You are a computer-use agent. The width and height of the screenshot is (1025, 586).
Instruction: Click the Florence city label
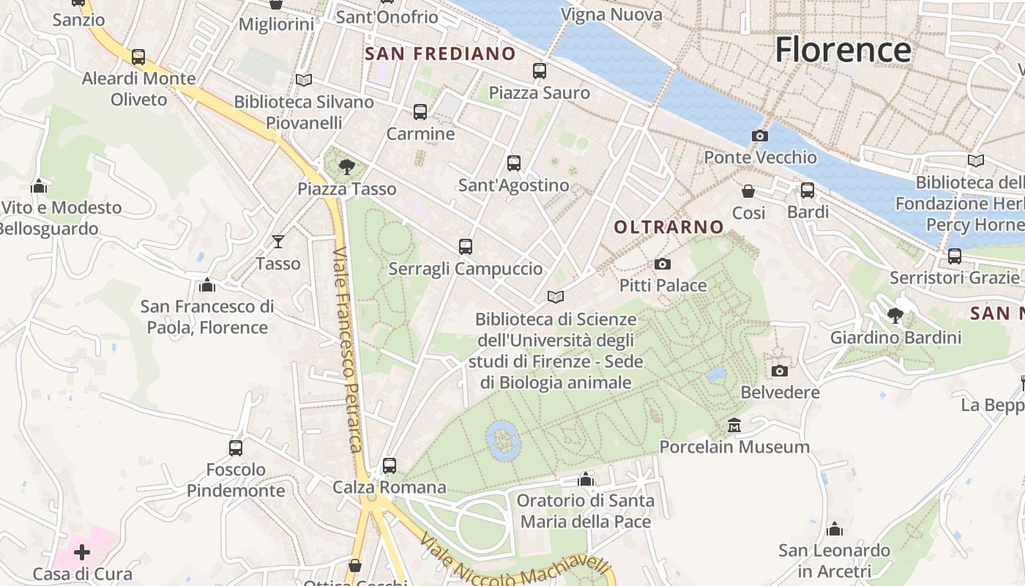843,50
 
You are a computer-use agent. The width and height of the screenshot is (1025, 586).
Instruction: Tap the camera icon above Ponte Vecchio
760,136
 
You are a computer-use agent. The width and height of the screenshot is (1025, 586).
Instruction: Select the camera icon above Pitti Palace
663,264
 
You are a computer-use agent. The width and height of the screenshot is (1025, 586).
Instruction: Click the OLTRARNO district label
669,227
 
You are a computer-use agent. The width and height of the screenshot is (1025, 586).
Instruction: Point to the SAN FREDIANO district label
440,53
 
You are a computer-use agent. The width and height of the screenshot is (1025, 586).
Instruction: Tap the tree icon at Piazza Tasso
347,167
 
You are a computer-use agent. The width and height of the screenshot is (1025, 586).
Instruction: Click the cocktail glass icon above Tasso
278,241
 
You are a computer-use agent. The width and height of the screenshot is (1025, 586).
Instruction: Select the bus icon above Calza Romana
389,465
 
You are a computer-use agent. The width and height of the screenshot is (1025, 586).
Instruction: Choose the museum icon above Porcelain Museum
734,425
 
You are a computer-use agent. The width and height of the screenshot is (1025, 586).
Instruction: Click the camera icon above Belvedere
780,371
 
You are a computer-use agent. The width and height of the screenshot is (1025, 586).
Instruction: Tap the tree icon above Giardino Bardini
895,316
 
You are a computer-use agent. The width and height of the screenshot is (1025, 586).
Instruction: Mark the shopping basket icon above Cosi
748,191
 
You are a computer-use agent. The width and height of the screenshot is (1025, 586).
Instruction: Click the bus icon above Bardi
808,190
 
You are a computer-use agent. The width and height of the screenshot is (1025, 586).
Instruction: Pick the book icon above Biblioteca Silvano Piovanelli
304,80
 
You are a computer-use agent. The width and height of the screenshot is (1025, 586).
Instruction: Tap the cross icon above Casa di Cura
82,552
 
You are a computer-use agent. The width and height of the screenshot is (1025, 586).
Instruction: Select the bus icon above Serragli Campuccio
465,247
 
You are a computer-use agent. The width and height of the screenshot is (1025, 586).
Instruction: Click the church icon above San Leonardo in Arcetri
834,529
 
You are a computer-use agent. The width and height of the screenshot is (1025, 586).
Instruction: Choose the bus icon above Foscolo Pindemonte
235,448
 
